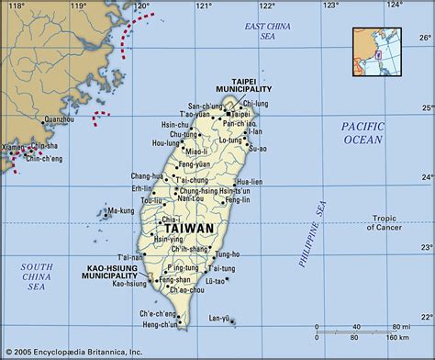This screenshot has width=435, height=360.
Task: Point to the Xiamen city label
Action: (x=14, y=147)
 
